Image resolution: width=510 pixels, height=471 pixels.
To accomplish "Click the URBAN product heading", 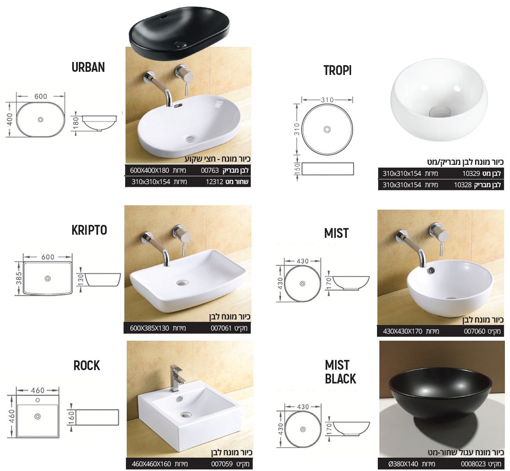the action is point(88,68).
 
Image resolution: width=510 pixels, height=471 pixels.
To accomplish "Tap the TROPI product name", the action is point(337,70).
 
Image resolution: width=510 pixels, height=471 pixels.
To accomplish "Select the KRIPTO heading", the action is point(89,230).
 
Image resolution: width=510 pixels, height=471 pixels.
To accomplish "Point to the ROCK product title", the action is point(87,365).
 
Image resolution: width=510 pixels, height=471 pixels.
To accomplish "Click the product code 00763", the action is point(210,170).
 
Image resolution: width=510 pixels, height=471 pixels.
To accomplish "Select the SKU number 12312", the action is point(215,182).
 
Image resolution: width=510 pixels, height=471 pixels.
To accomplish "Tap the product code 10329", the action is point(471,173).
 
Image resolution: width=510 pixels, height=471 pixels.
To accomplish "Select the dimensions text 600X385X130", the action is point(149,328).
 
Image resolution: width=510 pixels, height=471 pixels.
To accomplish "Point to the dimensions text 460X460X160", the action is point(151,464).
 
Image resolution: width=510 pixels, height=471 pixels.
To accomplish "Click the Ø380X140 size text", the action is point(403,464).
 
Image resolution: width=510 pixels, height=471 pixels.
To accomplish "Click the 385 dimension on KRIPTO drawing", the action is point(19,279).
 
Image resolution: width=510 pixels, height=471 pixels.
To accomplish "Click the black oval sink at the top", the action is point(179,34).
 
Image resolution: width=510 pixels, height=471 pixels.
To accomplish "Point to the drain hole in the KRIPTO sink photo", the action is point(182,283).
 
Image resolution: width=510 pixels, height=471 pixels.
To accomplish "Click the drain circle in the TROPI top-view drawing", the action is point(327,129).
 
